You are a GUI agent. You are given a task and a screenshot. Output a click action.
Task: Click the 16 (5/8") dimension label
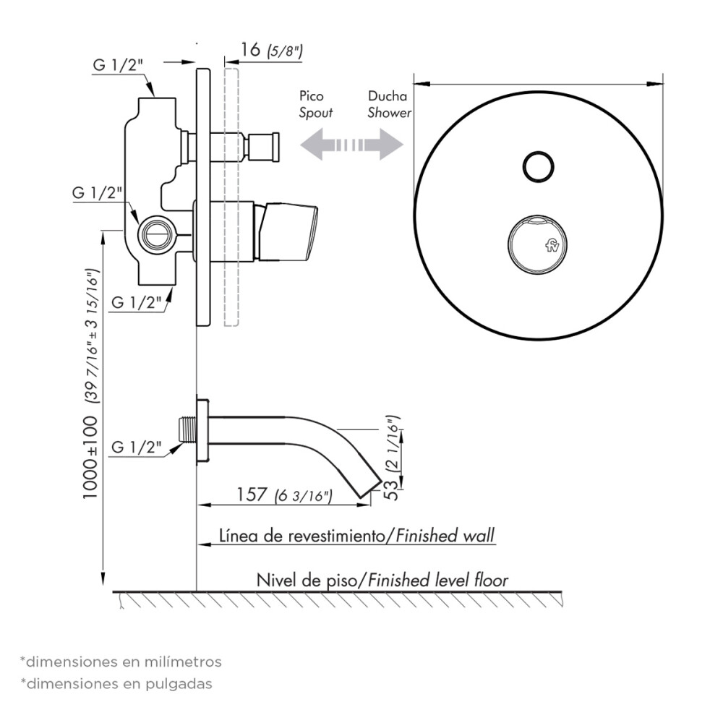click(x=272, y=50)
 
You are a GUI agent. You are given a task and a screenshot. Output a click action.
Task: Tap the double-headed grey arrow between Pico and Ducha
click(x=352, y=145)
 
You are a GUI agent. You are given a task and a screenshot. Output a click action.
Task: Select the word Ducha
click(x=388, y=96)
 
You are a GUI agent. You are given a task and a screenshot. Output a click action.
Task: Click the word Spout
click(x=316, y=113)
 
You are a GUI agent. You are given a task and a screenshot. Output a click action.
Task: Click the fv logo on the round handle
click(x=552, y=246)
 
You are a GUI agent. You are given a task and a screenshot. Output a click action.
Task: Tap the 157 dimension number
click(x=252, y=495)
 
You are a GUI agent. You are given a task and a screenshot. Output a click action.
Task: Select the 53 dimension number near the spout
click(x=390, y=489)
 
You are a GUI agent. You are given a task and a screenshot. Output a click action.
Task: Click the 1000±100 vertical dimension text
click(x=90, y=457)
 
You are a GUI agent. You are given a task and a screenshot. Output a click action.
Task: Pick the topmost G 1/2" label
click(x=118, y=64)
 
